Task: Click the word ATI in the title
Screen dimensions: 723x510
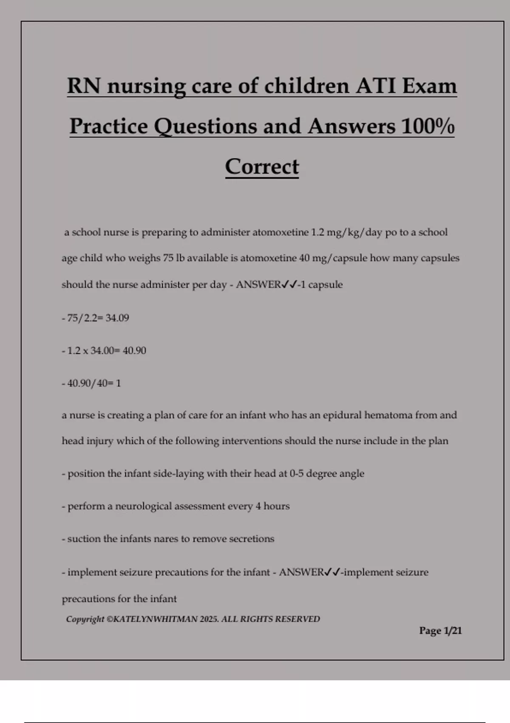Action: pos(376,86)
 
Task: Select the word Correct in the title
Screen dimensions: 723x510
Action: pos(262,167)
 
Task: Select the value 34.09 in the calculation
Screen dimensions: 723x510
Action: pos(117,318)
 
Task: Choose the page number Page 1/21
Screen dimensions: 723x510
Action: pos(440,631)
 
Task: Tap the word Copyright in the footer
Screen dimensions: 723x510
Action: pos(85,619)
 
